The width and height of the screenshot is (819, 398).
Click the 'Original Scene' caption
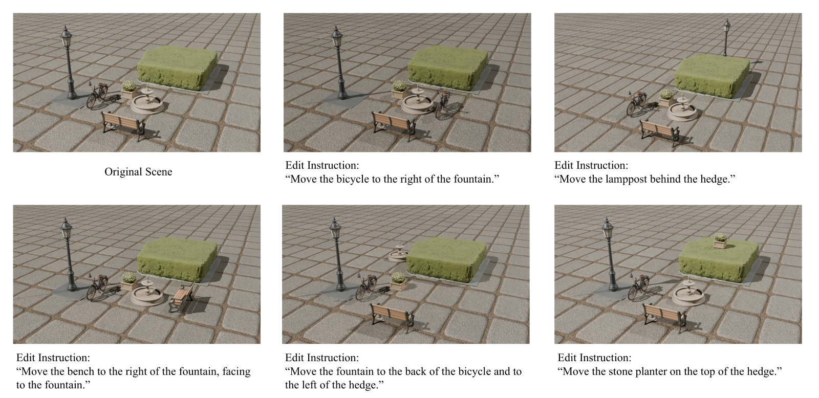[138, 172]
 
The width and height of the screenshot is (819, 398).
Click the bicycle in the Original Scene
[98, 95]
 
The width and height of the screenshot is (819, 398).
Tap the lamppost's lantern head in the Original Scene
[66, 37]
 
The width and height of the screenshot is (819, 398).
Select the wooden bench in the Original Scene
[123, 125]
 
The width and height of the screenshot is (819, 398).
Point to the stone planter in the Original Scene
[129, 90]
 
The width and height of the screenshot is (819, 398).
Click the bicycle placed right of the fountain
[443, 104]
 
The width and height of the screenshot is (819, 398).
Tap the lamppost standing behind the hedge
[726, 38]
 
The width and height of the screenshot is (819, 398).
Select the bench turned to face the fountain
[182, 298]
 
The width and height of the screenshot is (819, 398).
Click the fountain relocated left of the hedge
[399, 252]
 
